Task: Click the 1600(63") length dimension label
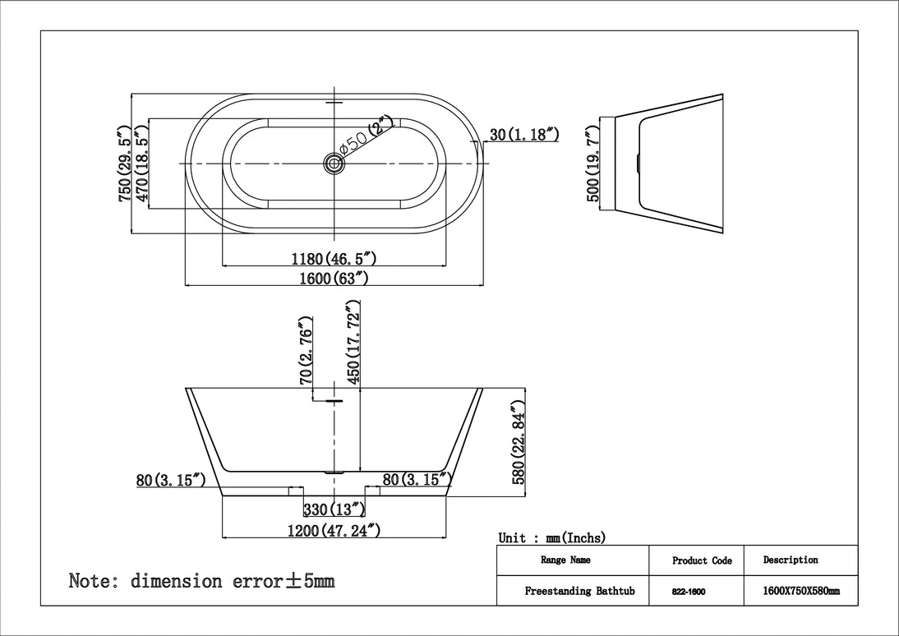click(x=333, y=279)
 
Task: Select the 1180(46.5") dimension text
click(x=334, y=259)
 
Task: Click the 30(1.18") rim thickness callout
click(x=524, y=135)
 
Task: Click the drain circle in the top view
click(x=334, y=164)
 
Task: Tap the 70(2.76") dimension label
click(x=306, y=351)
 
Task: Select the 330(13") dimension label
click(x=334, y=510)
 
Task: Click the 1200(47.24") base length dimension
click(x=334, y=530)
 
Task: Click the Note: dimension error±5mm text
click(x=201, y=582)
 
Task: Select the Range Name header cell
click(x=565, y=560)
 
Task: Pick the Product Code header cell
click(x=701, y=561)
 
